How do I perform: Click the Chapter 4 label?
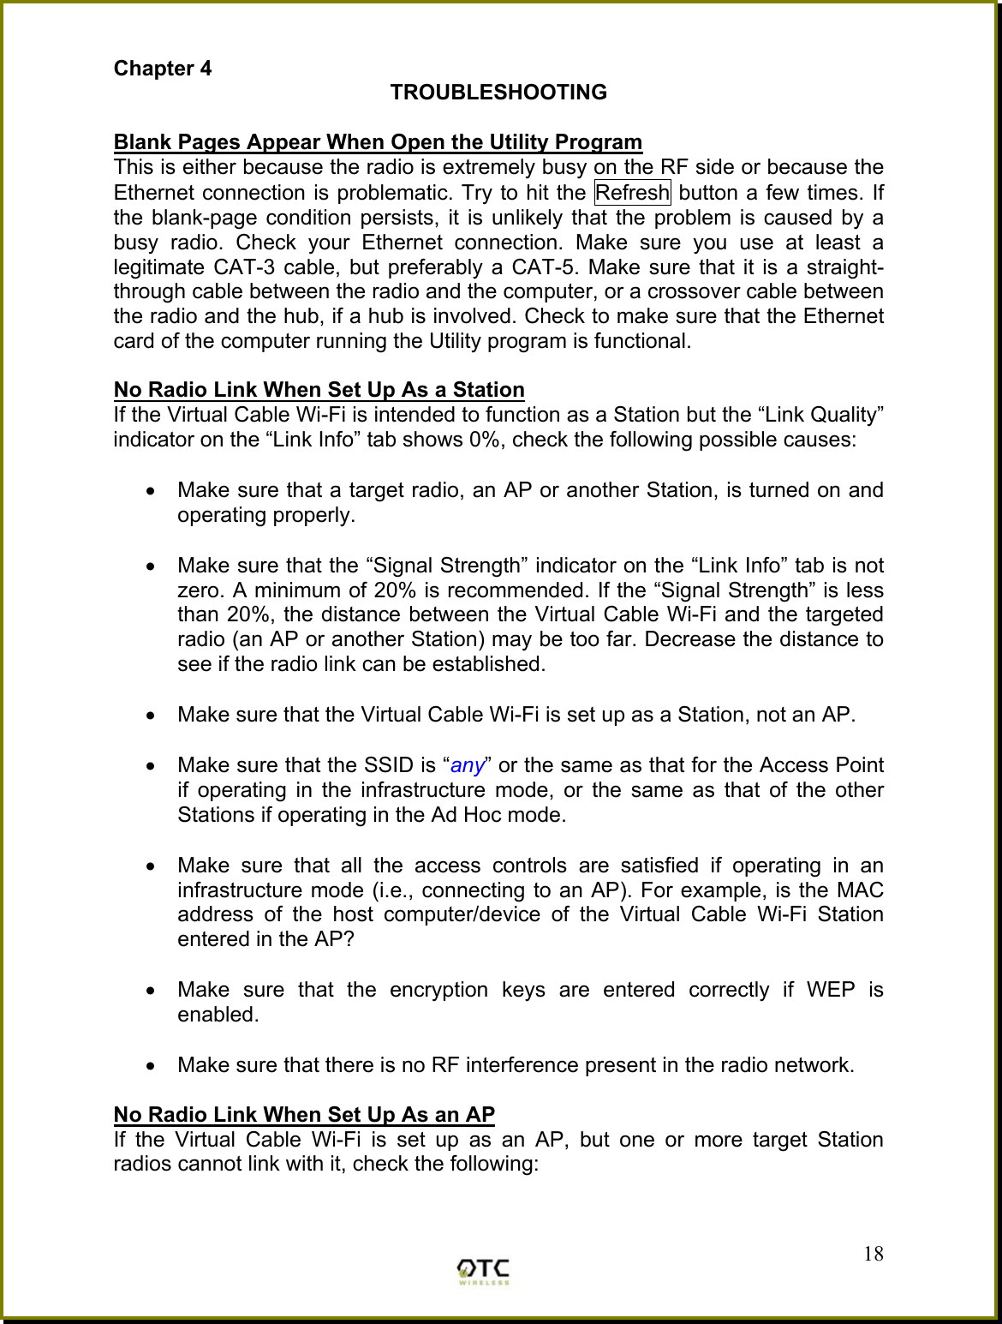click(x=163, y=69)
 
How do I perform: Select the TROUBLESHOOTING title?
click(x=498, y=93)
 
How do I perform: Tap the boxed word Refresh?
click(x=632, y=193)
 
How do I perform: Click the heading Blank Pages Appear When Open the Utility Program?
click(x=378, y=142)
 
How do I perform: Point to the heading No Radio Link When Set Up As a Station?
click(x=319, y=390)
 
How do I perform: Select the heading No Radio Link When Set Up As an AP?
click(x=304, y=1115)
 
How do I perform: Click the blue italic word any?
click(x=468, y=765)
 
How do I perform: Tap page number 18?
click(x=873, y=1255)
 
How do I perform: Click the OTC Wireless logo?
click(x=483, y=1270)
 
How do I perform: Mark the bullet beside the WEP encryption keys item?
click(x=152, y=991)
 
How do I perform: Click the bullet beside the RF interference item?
click(x=152, y=1066)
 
